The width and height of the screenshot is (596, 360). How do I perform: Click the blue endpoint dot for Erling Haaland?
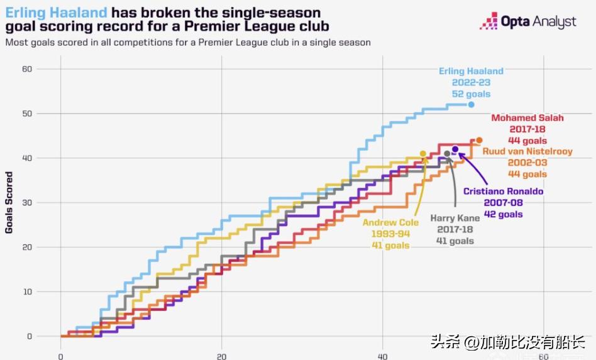(472, 105)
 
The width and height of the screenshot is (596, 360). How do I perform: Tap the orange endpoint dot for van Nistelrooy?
(479, 141)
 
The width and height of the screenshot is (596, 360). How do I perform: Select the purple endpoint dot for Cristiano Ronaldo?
(455, 150)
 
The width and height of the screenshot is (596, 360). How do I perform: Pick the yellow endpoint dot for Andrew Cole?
(423, 154)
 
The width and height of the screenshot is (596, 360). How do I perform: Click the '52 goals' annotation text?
(471, 94)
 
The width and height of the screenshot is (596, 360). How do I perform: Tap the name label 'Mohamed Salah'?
(527, 118)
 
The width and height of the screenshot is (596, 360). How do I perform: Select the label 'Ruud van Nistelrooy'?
(527, 151)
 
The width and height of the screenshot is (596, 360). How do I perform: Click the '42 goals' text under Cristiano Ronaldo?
(503, 214)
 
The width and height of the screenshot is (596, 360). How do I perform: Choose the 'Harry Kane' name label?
(455, 218)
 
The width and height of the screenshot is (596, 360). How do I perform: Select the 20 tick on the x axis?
(221, 356)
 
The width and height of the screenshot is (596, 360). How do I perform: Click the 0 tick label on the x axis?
(60, 356)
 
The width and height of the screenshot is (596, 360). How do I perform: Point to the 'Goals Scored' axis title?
(9, 202)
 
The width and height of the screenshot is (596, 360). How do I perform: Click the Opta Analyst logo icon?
(488, 21)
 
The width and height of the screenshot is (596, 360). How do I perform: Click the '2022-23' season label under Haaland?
(471, 83)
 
